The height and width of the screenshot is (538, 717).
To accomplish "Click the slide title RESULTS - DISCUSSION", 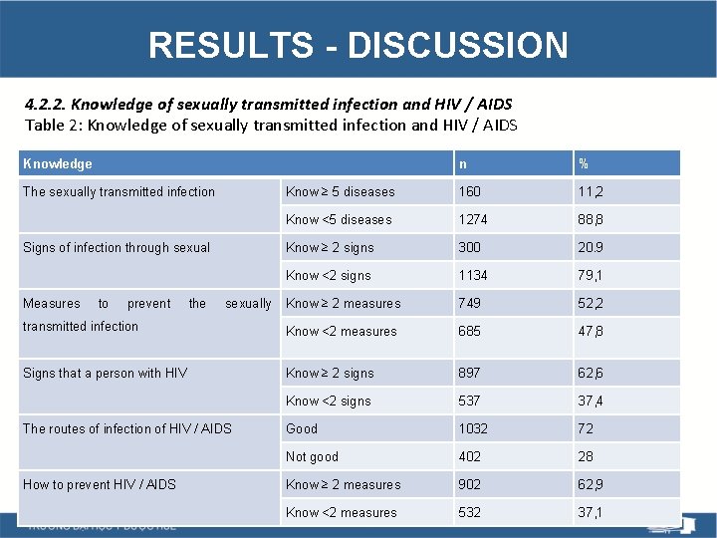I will (358, 45).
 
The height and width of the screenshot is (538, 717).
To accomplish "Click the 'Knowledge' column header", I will (57, 163).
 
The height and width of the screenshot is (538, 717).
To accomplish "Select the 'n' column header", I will (462, 163).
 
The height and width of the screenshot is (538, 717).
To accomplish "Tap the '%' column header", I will (584, 163).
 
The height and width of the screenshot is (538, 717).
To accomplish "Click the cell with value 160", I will (468, 191).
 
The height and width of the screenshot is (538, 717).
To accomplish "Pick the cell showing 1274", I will (472, 219).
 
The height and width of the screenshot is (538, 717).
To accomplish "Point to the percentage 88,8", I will (592, 219).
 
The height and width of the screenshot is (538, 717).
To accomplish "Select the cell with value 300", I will (468, 247).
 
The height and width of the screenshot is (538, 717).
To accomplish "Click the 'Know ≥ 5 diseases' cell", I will (341, 191).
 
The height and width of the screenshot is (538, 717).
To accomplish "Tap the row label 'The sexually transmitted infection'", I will (119, 191).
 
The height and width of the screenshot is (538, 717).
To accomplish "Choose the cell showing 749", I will (468, 303).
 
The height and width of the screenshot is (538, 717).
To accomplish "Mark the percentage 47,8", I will (592, 331).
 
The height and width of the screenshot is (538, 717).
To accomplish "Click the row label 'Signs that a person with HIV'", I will (105, 373).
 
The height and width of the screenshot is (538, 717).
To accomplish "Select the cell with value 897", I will (468, 373).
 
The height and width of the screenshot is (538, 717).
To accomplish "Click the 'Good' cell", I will (302, 428).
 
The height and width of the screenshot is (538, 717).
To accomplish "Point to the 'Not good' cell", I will (312, 456).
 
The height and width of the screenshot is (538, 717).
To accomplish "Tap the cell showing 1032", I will (472, 428).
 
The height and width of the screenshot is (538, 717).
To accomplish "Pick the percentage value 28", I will (585, 456).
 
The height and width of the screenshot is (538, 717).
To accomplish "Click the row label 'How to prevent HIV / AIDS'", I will (99, 484).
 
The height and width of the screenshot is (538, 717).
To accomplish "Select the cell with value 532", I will (468, 512).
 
